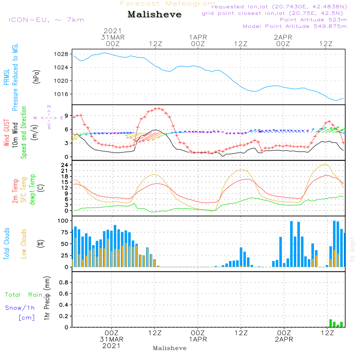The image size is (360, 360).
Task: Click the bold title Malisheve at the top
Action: click(x=155, y=15)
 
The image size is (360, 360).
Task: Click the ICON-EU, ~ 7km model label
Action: click(x=46, y=20)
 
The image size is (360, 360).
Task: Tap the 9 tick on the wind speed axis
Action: click(x=66, y=116)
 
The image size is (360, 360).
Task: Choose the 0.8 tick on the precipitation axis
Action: click(x=64, y=283)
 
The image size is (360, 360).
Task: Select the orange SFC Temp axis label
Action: click(x=24, y=190)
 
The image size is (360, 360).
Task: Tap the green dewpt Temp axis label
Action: click(x=32, y=190)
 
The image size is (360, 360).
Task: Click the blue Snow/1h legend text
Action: click(x=20, y=308)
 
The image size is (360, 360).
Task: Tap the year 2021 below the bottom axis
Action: click(x=112, y=346)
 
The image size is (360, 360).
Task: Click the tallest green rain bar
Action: click(x=330, y=323)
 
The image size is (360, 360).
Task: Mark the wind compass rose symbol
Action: click(x=49, y=117)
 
